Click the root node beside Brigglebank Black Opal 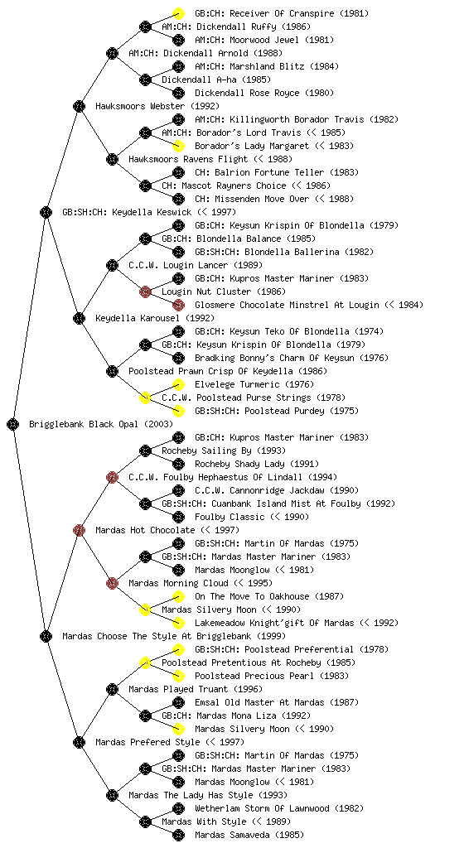tap(13, 424)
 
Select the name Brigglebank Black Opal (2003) tap(101, 424)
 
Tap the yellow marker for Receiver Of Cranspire tap(178, 13)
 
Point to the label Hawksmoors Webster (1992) tap(157, 106)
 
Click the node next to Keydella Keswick tap(46, 212)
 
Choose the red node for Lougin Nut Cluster tap(145, 291)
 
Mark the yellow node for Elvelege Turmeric tap(178, 384)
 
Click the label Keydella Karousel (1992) tap(155, 318)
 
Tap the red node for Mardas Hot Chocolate tap(79, 530)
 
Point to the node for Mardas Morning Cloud tap(112, 583)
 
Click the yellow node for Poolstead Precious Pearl tap(178, 676)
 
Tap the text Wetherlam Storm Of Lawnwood tap(263, 808)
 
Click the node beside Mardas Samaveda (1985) tap(178, 835)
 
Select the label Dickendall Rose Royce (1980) tap(264, 93)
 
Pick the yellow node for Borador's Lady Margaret tap(178, 146)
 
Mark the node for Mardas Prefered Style tap(79, 742)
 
